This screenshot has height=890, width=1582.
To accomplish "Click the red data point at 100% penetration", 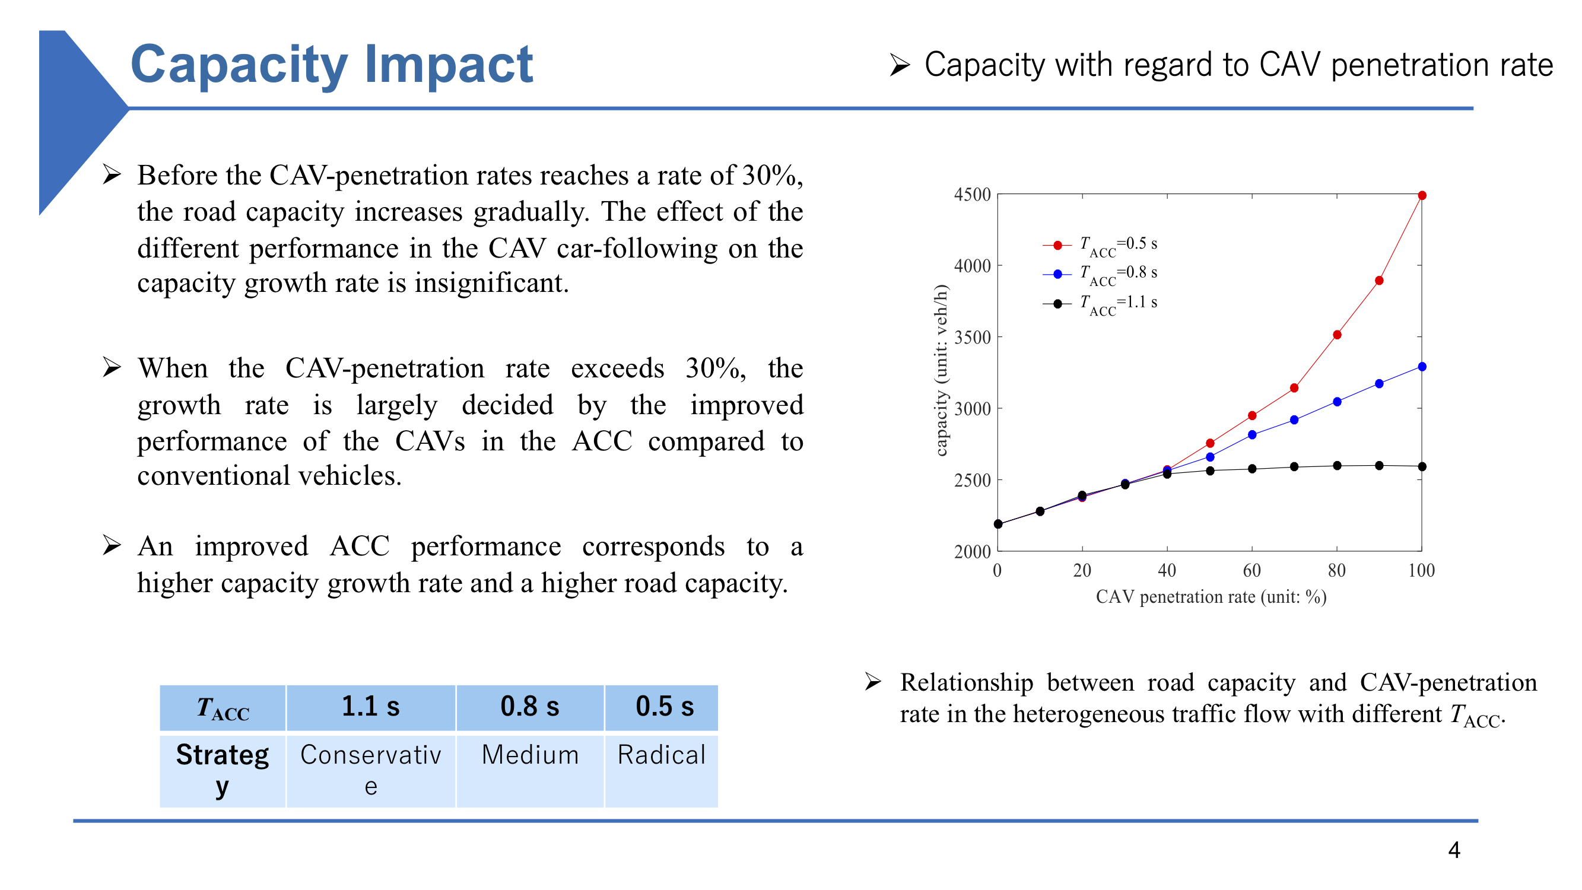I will click(1422, 195).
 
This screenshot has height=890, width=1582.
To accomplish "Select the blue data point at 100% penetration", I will click(1422, 367).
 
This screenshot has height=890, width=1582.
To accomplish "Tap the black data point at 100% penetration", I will click(1422, 467).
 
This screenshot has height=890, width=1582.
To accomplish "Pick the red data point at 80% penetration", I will click(1337, 335).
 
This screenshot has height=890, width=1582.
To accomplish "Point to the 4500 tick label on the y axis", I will click(972, 195).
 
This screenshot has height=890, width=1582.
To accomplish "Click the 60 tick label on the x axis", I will click(1251, 571).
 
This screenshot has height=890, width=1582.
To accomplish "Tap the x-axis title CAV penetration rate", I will click(1211, 597).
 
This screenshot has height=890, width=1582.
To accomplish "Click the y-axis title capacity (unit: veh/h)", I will click(940, 370).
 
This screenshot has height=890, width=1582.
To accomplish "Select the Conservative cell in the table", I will click(370, 770).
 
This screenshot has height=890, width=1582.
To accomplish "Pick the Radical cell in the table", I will click(662, 755).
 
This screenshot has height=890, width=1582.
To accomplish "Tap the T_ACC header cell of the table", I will click(223, 708).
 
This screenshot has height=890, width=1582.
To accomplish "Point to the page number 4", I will click(1454, 850).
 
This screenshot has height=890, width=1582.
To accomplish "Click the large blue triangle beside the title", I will click(74, 117).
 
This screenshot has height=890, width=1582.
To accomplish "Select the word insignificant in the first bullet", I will click(491, 283).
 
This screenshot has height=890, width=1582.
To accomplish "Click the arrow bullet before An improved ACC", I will click(111, 545).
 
